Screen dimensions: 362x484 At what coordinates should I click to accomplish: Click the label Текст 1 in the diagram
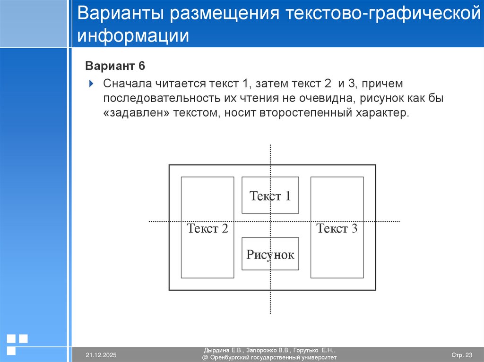pos(270,196)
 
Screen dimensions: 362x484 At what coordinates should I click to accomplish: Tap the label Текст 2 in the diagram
pos(207,229)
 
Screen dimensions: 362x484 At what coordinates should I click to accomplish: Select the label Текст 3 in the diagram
pos(337,229)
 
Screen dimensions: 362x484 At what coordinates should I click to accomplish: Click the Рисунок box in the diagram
pos(270,254)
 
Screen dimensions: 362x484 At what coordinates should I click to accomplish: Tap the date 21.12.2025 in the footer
pos(101,354)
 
